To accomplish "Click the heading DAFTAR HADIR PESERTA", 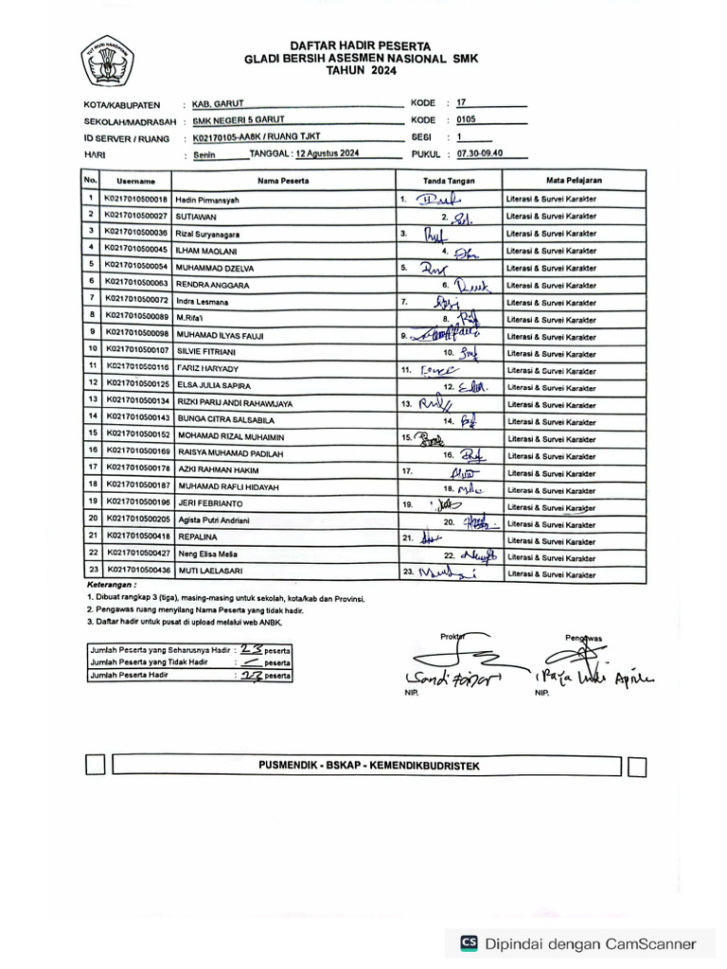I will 347,45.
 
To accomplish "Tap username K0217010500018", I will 135,199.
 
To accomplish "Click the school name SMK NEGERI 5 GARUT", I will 238,120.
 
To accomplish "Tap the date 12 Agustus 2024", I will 327,152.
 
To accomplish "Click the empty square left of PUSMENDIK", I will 96,765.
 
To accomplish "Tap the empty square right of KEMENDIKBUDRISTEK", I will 637,766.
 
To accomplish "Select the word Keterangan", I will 109,586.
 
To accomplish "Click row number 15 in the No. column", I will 92,433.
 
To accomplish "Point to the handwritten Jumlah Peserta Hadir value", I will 252,676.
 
